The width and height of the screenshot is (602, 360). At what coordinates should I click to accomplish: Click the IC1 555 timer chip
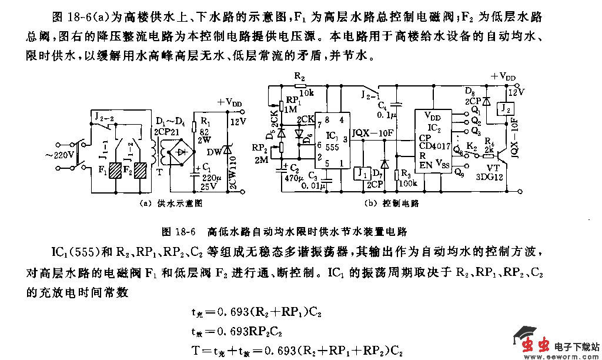tap(331, 144)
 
